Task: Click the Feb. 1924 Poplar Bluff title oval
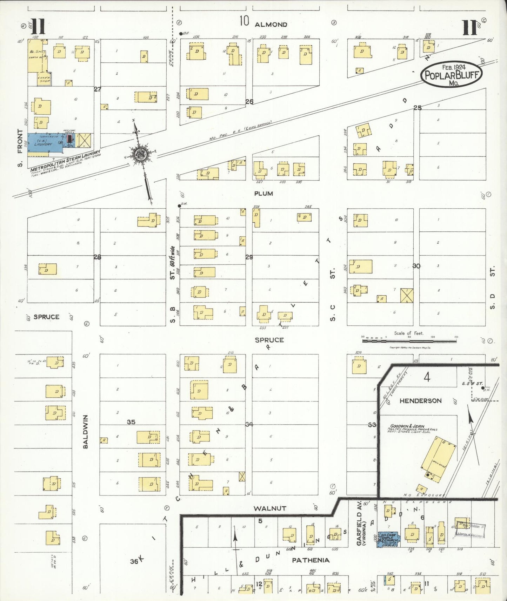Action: point(451,74)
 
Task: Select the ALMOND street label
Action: point(271,25)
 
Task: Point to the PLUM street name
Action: point(263,194)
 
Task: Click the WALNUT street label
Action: point(270,508)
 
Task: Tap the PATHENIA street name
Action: point(311,560)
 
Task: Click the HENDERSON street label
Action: point(420,401)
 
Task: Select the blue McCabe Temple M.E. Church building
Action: point(387,540)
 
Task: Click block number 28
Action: point(97,257)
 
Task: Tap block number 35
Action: point(131,422)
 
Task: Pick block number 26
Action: point(249,102)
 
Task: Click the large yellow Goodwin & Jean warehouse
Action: point(438,457)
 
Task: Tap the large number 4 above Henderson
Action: point(427,377)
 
